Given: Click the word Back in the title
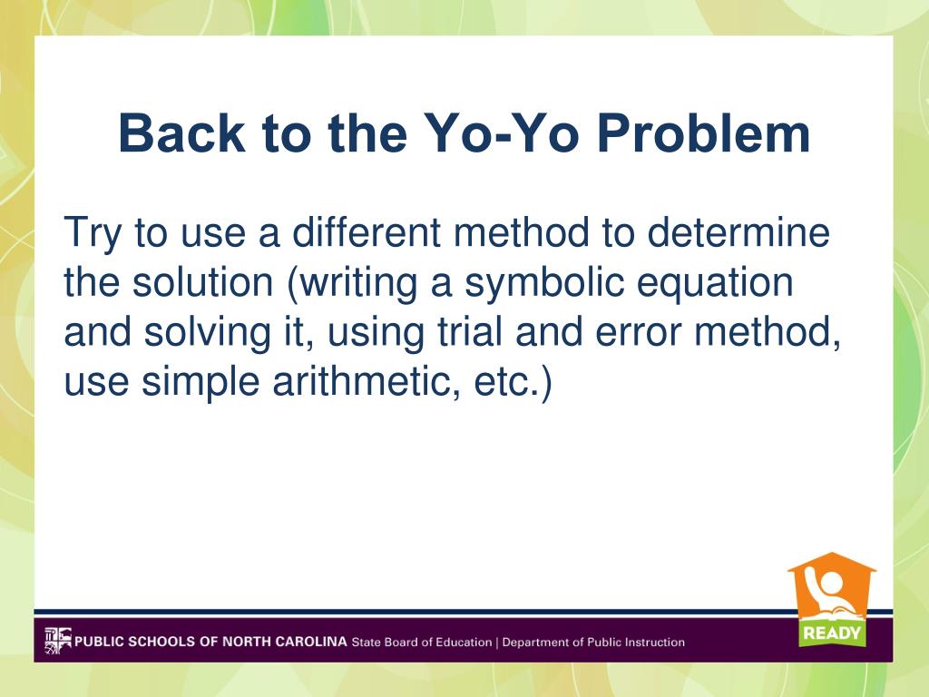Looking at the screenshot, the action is click(181, 133).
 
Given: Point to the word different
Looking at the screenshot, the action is click(367, 231).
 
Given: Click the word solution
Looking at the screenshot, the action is click(202, 281).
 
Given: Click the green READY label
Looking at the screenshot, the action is click(832, 633).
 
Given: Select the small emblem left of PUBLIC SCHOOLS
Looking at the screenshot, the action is click(57, 641).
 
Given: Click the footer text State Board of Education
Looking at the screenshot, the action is click(422, 642).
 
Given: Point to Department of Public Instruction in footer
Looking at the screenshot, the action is click(593, 642).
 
